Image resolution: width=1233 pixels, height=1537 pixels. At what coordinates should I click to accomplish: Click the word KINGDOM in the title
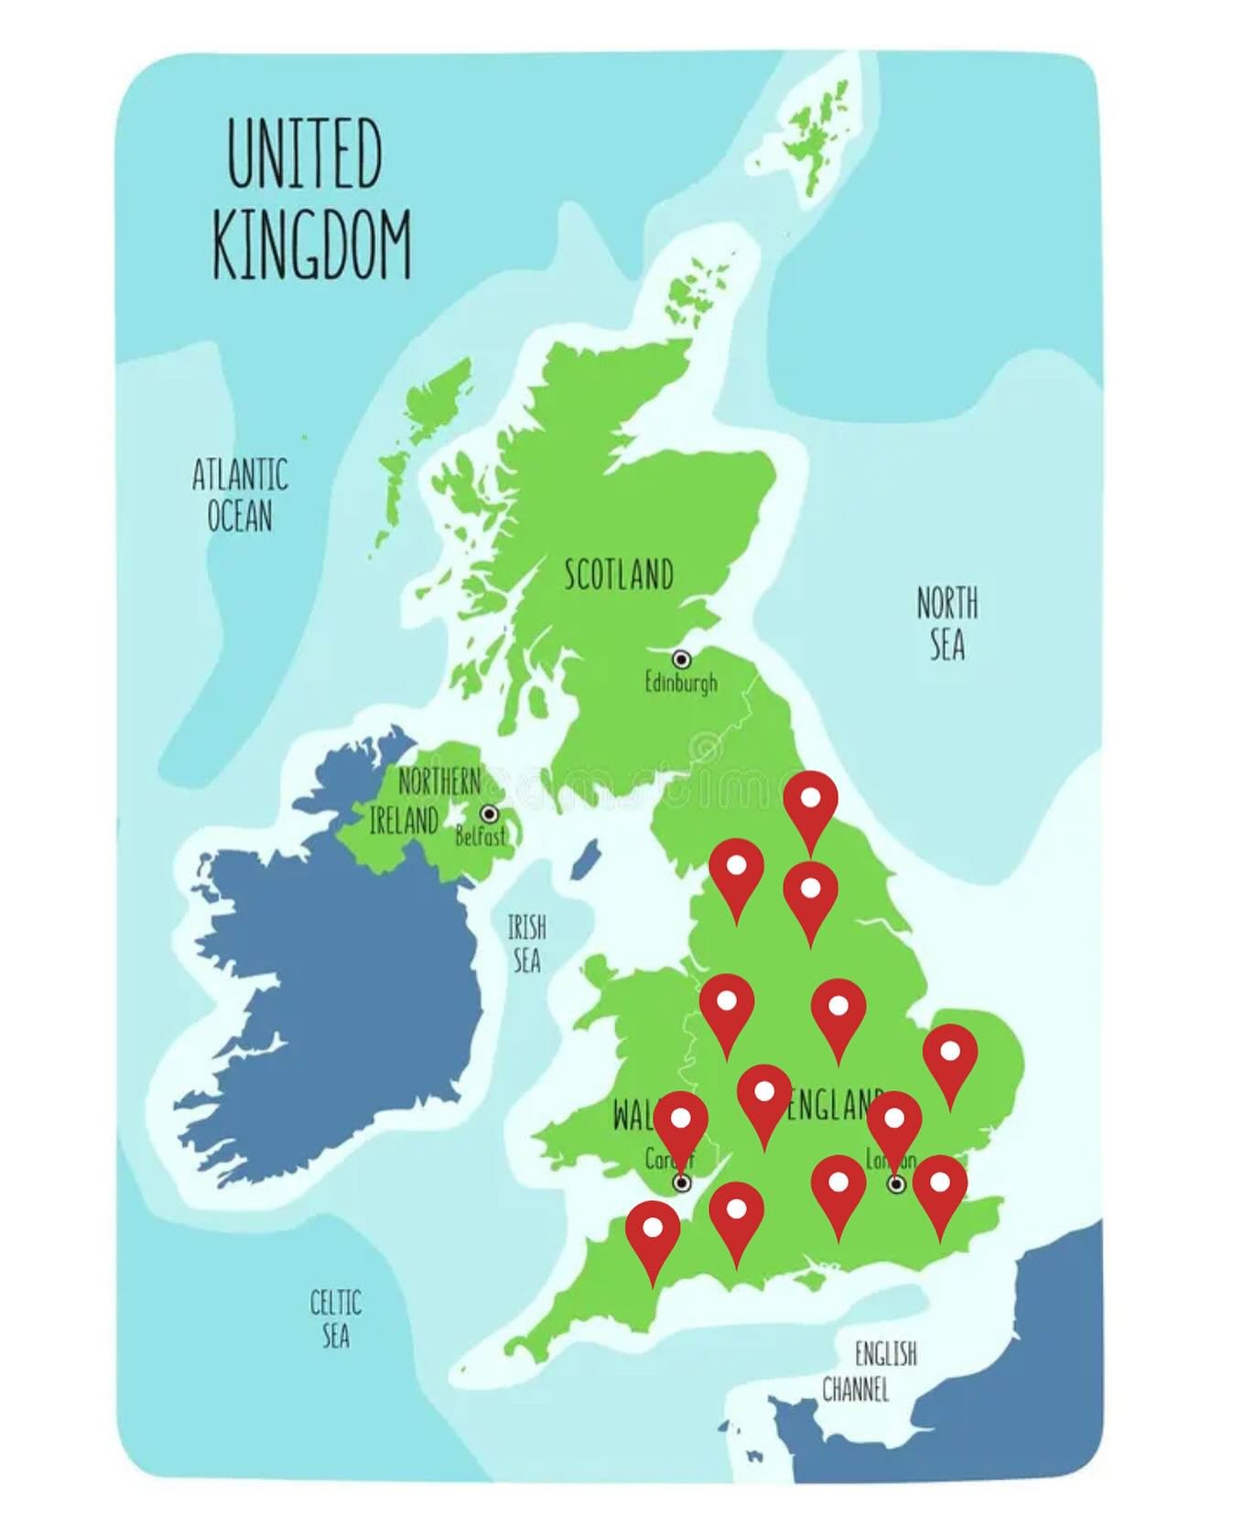tap(311, 245)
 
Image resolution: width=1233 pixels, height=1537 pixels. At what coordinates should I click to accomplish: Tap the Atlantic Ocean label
tap(240, 495)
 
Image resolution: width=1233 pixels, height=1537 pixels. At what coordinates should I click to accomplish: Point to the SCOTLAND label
tap(619, 574)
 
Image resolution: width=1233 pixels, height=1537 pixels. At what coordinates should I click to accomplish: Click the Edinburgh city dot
tap(681, 658)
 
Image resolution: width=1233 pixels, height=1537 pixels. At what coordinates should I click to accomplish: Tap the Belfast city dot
tap(490, 813)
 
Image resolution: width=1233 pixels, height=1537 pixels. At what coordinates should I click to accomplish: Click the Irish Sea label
tap(526, 944)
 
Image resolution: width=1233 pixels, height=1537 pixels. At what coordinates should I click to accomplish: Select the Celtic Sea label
tap(335, 1318)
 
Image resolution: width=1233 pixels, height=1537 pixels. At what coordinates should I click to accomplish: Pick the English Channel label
tap(870, 1371)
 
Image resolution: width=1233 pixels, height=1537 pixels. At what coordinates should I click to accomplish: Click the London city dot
tap(897, 1184)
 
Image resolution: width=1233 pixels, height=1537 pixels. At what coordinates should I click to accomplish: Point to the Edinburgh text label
tap(681, 683)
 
